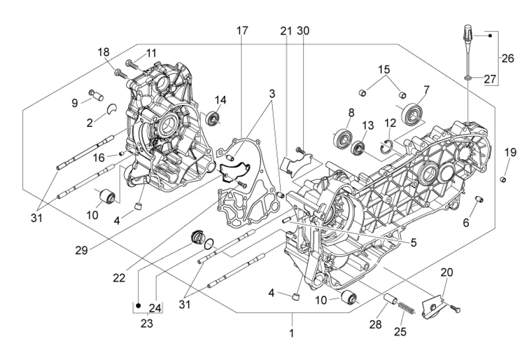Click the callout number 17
[x=242, y=30]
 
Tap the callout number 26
[x=508, y=59]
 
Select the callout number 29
[x=81, y=250]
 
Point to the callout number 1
[x=292, y=333]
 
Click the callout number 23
[x=147, y=323]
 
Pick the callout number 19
[x=510, y=152]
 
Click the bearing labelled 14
[x=213, y=118]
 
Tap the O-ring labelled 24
[x=209, y=243]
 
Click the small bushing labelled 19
[x=503, y=179]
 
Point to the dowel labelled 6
[x=479, y=199]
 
